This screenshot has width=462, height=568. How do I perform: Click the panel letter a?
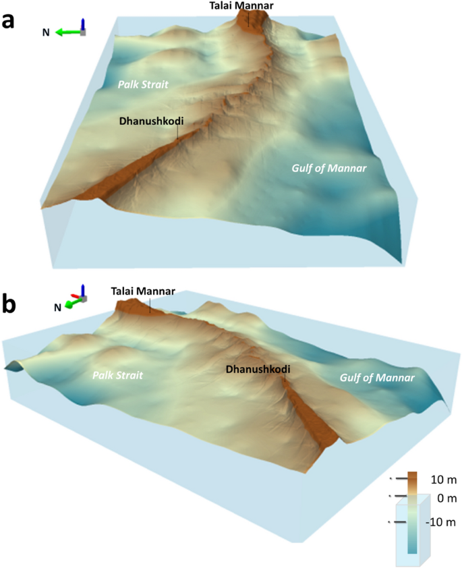[9, 20]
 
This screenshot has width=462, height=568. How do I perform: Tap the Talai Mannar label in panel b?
[143, 291]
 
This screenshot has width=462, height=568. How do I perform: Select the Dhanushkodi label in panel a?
[152, 121]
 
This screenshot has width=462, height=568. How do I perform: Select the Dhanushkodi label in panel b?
[258, 370]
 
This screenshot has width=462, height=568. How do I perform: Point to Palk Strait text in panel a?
[143, 84]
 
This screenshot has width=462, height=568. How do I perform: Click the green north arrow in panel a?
[66, 32]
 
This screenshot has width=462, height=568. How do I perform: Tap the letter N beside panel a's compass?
[46, 32]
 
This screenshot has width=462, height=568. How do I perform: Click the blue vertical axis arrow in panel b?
[83, 289]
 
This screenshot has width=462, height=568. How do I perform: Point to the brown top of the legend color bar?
[413, 480]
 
